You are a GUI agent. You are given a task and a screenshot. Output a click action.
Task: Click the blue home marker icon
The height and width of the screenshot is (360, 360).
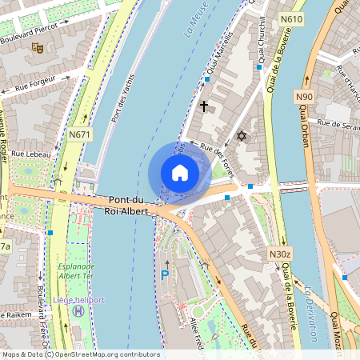pyautogui.click(x=180, y=173)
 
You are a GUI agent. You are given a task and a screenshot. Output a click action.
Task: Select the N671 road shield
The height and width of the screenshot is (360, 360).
pyautogui.click(x=79, y=135)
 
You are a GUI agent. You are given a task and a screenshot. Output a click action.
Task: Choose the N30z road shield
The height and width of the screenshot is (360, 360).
pyautogui.click(x=278, y=254)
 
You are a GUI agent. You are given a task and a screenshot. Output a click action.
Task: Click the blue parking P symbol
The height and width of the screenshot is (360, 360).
pyautogui.click(x=166, y=275)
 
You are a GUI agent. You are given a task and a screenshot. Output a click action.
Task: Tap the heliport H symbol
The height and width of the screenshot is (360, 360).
pyautogui.click(x=78, y=310)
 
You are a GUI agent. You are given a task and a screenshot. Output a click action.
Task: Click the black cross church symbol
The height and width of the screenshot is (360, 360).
pyautogui.click(x=203, y=106)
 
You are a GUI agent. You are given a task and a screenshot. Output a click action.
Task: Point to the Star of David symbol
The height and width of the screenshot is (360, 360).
pyautogui.click(x=239, y=138)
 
